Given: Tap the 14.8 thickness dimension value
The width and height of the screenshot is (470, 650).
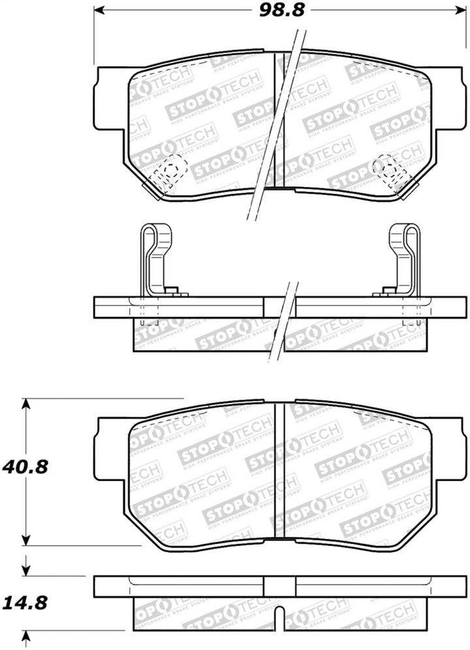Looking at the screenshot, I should coord(26,603).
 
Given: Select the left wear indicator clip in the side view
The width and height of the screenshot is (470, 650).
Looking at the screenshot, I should coord(156,258).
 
